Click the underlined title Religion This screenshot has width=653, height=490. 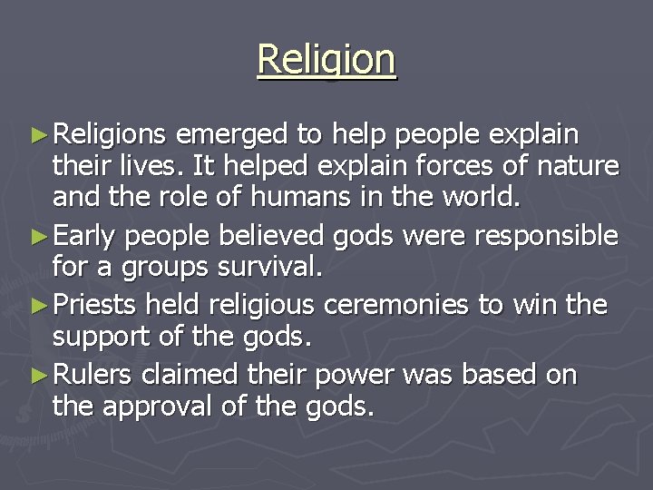pyautogui.click(x=326, y=61)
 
